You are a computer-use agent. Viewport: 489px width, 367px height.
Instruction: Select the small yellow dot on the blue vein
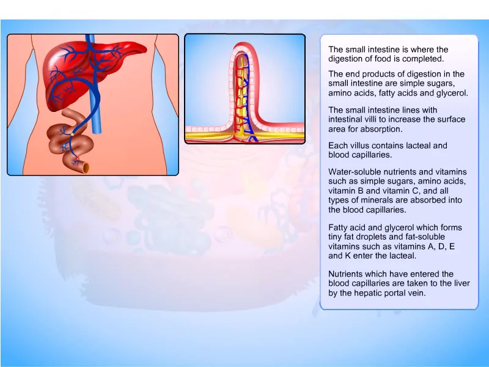click(72, 134)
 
